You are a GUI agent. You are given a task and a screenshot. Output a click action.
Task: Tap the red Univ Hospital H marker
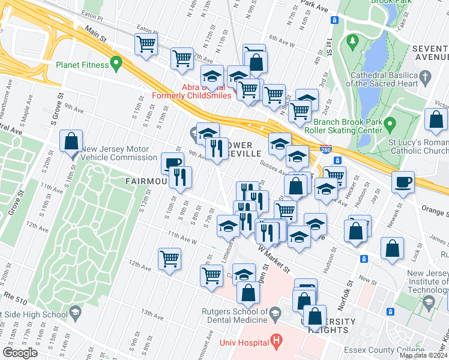click(276, 343)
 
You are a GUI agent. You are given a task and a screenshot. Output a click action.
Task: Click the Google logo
click(20, 353)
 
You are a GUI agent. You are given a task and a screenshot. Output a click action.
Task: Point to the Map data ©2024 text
click(423, 355)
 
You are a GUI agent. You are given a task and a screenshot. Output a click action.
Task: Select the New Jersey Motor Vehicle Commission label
click(119, 154)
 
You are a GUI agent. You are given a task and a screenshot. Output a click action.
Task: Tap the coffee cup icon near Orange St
click(403, 181)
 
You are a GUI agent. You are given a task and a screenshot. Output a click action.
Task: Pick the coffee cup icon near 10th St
click(173, 163)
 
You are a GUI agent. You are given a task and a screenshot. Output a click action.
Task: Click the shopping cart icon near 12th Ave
click(170, 259)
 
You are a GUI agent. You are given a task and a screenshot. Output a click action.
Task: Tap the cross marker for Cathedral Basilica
click(426, 76)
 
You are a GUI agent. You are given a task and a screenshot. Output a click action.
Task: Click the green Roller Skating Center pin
click(390, 125)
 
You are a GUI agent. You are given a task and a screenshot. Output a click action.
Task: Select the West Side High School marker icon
click(76, 313)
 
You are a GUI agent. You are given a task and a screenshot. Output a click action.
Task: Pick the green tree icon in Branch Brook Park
click(351, 41)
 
